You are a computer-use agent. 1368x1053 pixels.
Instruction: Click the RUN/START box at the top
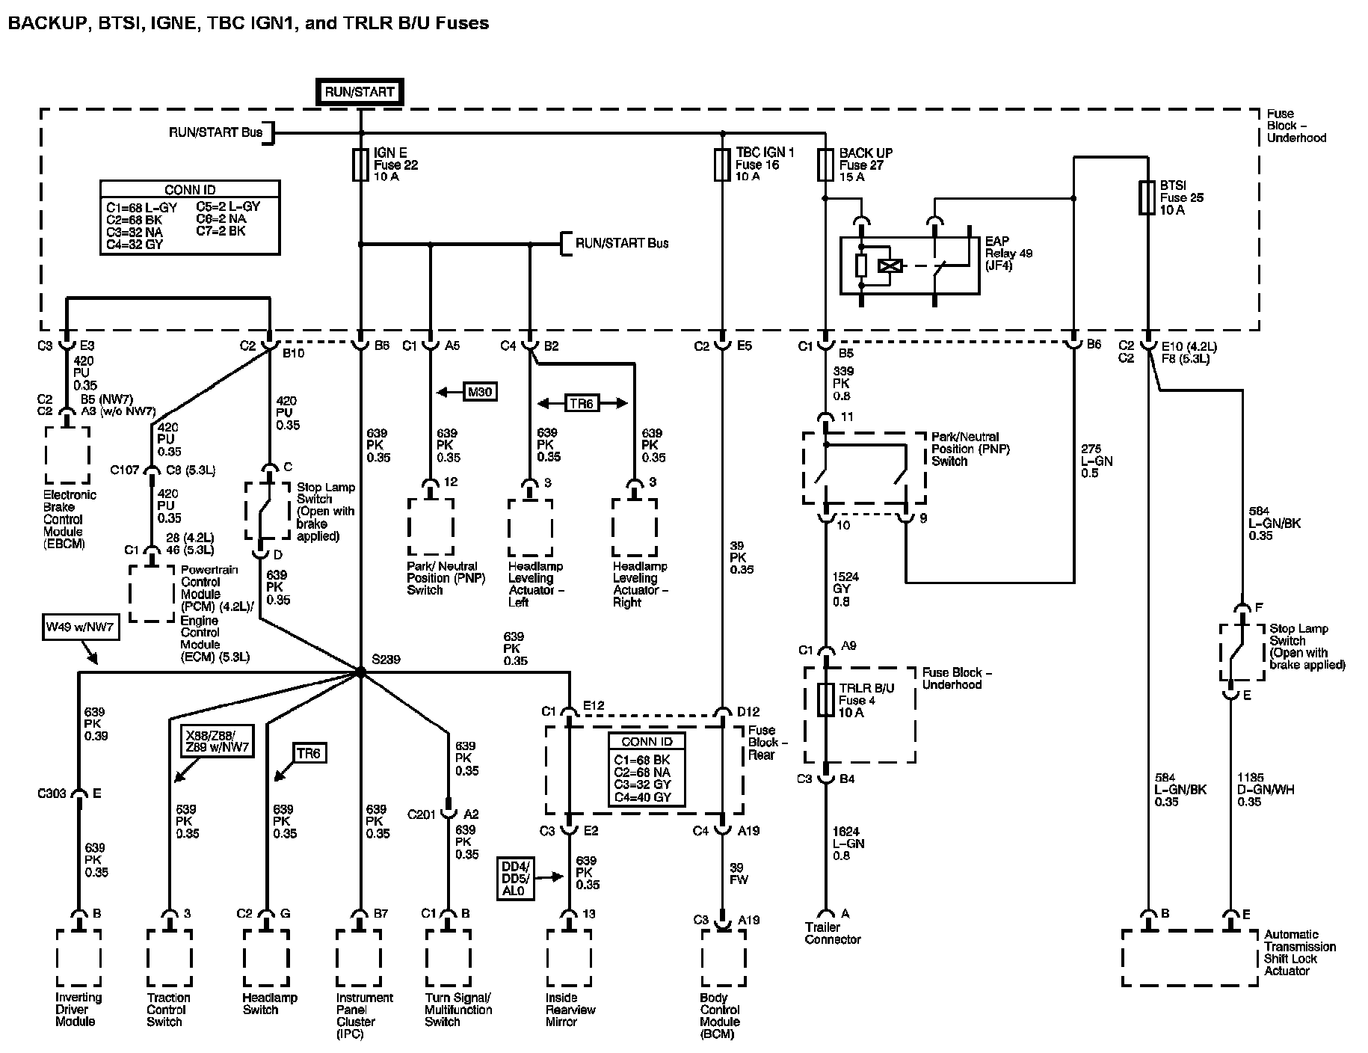tap(360, 92)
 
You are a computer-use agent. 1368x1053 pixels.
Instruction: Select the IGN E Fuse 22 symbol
tap(360, 164)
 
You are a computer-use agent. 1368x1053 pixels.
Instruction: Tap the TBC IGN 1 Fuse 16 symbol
tap(722, 164)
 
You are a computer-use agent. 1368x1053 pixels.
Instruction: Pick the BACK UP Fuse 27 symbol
tap(825, 164)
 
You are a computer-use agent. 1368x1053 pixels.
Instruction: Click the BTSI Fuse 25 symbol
tap(1147, 197)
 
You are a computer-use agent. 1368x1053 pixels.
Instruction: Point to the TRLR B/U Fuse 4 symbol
tap(825, 699)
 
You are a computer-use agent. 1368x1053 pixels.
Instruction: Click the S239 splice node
tap(360, 672)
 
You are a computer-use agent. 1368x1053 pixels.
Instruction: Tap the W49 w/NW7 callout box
tap(80, 627)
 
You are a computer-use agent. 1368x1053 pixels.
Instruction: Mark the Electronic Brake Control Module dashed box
tap(67, 455)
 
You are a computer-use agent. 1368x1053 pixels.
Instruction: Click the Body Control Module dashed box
tap(723, 958)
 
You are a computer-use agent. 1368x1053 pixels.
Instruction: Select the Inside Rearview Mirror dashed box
tap(569, 958)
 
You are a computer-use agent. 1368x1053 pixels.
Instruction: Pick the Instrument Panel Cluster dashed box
tap(360, 958)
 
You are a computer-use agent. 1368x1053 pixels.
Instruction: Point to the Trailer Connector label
tap(832, 933)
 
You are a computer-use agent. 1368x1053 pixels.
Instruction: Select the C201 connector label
tap(422, 814)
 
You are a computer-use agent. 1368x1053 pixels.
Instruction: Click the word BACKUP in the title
tap(44, 23)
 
